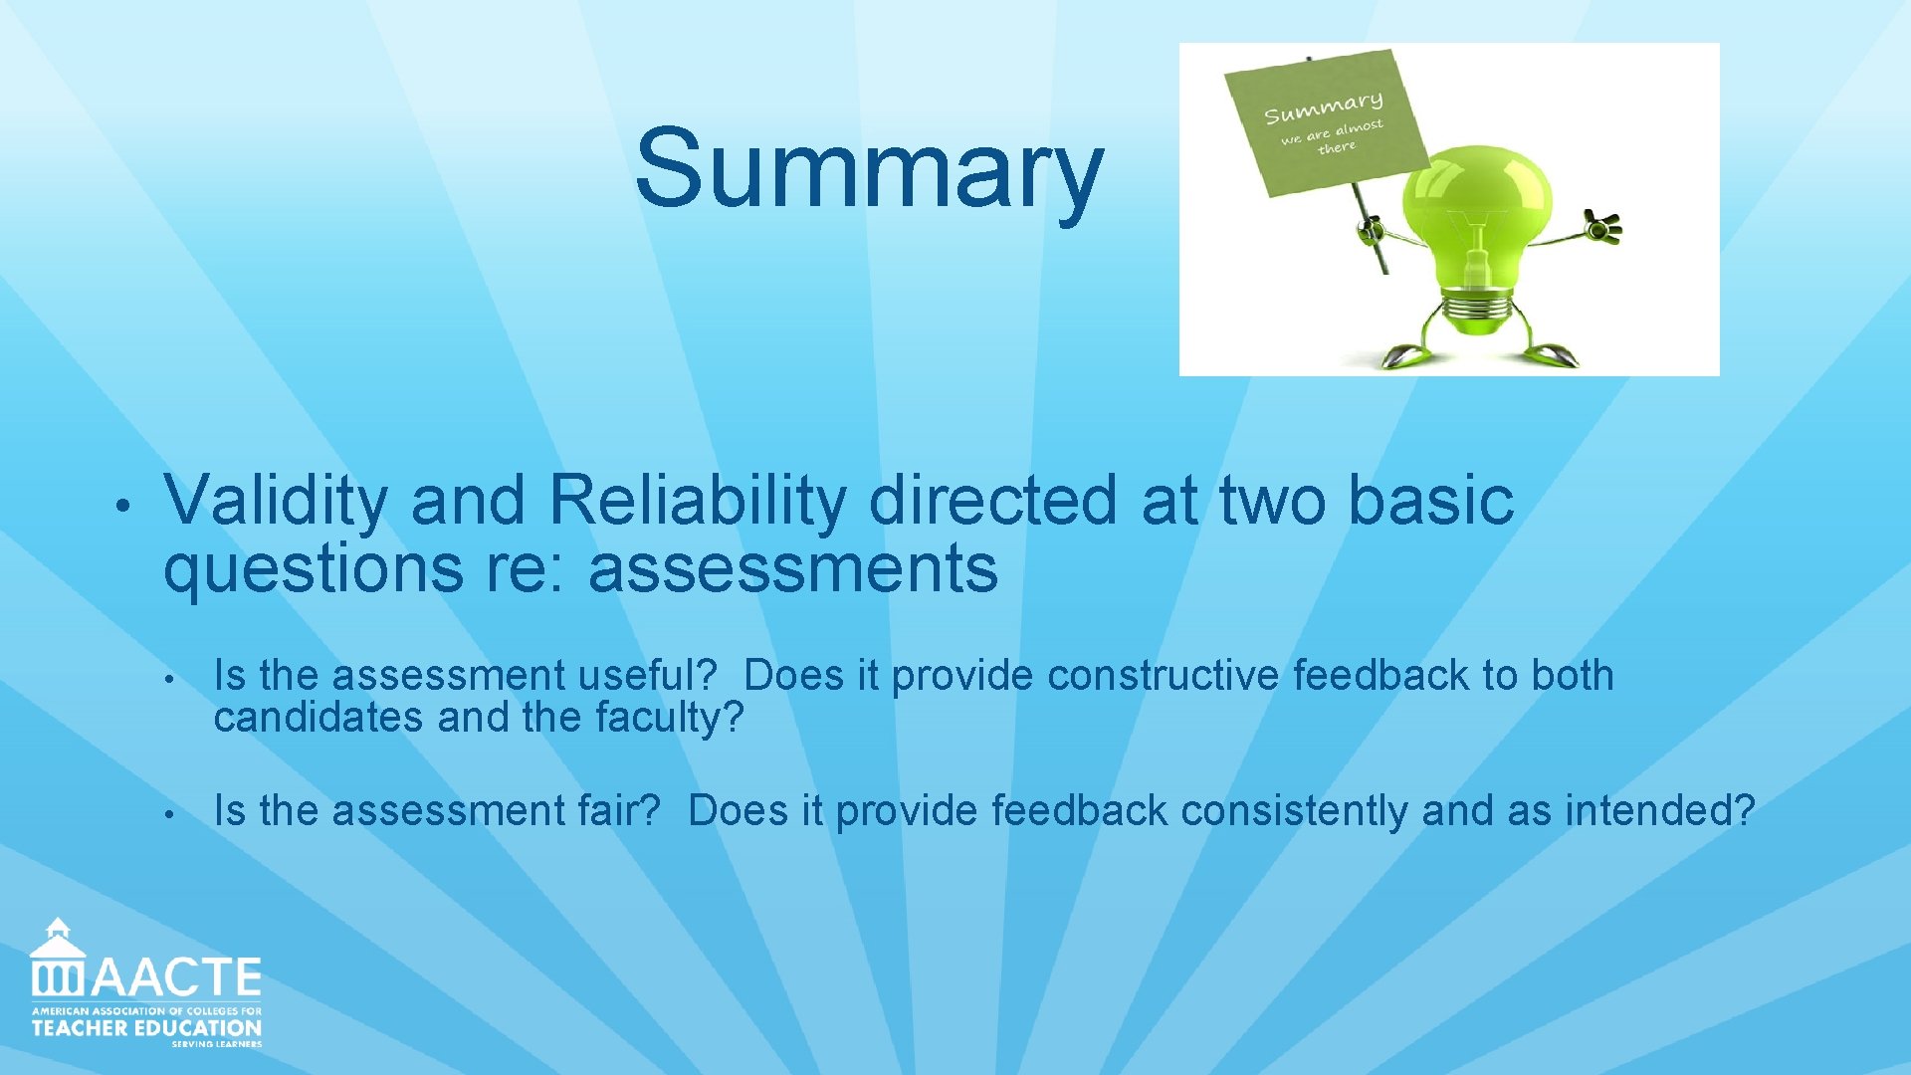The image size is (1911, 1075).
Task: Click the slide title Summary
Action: pyautogui.click(x=869, y=169)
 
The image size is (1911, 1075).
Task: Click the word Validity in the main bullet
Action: pyautogui.click(x=275, y=500)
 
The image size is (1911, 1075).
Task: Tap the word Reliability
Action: pyautogui.click(x=697, y=500)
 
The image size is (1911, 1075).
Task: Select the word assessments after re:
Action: pyautogui.click(x=792, y=568)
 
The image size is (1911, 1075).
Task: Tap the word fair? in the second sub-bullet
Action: pyautogui.click(x=618, y=811)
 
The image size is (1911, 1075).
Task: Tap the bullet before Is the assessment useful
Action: pyautogui.click(x=170, y=680)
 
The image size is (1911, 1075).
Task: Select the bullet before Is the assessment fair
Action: pyautogui.click(x=170, y=815)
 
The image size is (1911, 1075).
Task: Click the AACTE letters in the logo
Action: pyautogui.click(x=177, y=977)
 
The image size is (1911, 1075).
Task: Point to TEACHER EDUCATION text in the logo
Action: pyautogui.click(x=146, y=1028)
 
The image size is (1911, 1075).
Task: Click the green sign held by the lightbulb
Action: pyautogui.click(x=1324, y=124)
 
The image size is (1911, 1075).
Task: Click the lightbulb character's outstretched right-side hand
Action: pyautogui.click(x=1602, y=227)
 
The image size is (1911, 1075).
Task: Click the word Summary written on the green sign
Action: pyautogui.click(x=1323, y=107)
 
